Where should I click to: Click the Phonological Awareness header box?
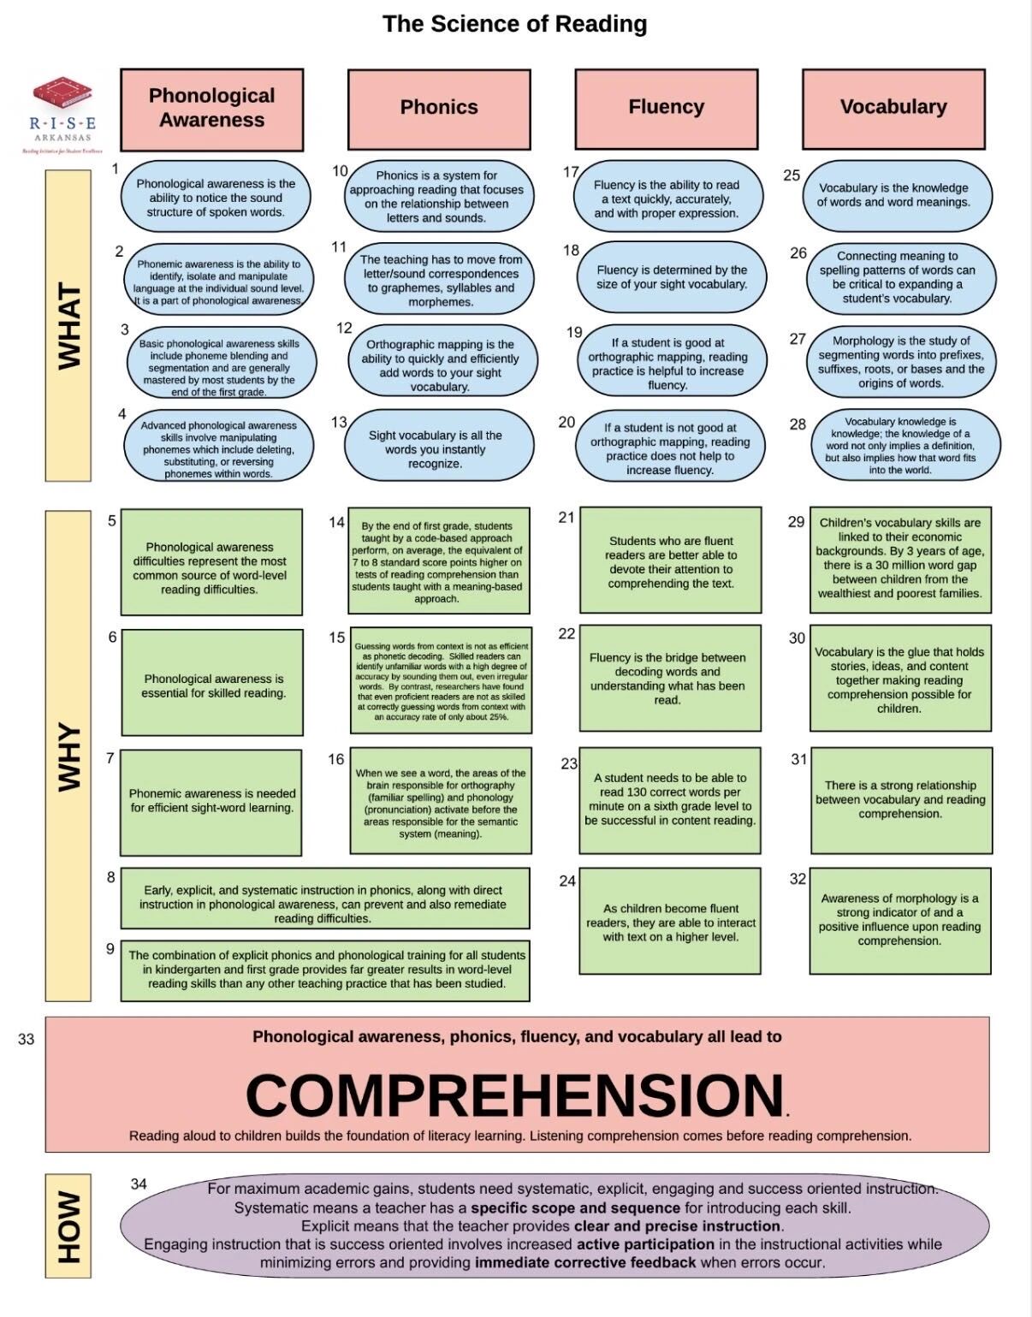(211, 110)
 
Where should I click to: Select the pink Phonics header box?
(439, 109)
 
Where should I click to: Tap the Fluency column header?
(666, 109)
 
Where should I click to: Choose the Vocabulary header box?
(893, 109)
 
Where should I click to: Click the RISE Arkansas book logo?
(62, 96)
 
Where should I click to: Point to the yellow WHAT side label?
(68, 325)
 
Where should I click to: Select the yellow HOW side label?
(68, 1226)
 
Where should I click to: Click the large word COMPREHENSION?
(514, 1095)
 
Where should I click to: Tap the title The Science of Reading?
(514, 24)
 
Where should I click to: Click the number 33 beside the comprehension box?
(27, 1039)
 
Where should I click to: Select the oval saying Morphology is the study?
(901, 361)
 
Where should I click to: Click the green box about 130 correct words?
(670, 799)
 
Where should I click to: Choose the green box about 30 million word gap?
(899, 559)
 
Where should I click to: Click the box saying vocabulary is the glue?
(899, 679)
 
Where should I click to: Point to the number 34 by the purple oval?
(139, 1184)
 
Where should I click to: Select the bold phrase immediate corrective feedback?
(585, 1262)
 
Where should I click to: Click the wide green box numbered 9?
(325, 970)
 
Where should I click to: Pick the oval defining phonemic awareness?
(218, 282)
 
